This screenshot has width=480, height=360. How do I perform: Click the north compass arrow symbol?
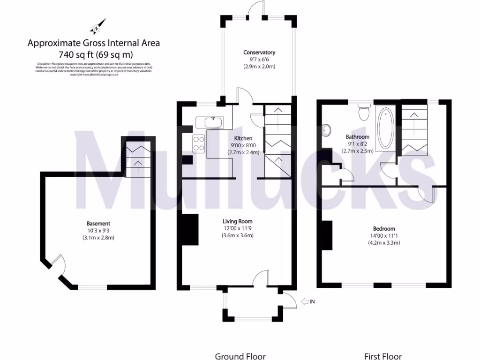point(98,27)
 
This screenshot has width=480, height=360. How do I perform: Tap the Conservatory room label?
point(259,52)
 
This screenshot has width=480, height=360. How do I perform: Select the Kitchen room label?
point(243,138)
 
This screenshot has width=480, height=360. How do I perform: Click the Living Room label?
point(237,221)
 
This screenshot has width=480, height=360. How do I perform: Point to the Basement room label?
point(98,224)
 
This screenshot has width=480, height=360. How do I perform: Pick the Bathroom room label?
point(358,137)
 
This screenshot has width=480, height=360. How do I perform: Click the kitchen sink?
point(213,122)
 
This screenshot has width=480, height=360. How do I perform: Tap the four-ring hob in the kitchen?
point(198,143)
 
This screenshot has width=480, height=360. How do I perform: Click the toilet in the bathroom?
point(363,112)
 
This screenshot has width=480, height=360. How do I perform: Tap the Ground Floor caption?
point(240,356)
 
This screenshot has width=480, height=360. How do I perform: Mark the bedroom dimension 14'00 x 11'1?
point(383,236)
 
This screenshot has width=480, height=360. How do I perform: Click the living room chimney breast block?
point(190,230)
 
